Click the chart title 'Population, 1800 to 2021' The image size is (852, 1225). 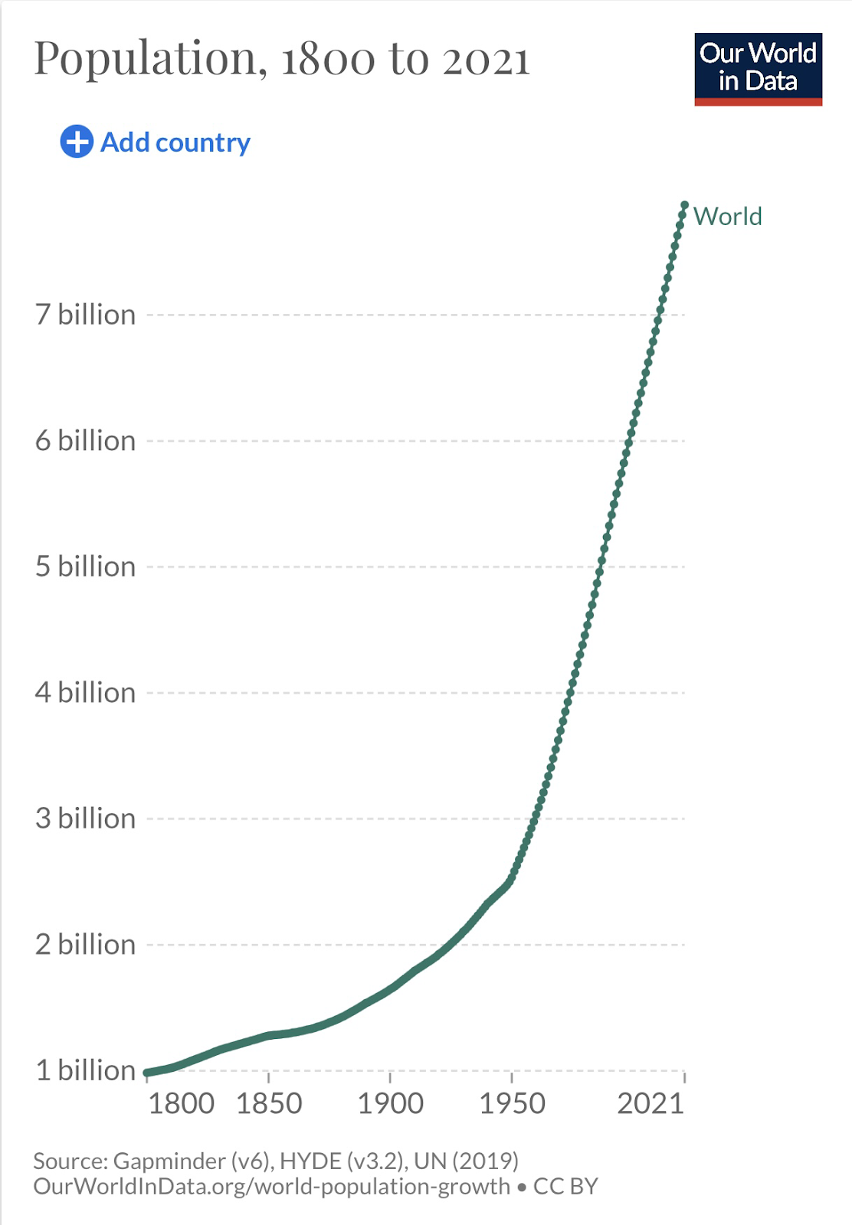point(282,59)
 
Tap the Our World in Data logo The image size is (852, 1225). point(758,69)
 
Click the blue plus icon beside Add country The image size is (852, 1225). point(77,142)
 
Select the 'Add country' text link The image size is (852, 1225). point(175,142)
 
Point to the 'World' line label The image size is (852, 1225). point(727,217)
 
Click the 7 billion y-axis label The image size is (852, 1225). point(85,315)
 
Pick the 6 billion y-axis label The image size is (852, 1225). point(85,441)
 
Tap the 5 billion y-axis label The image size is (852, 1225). point(85,567)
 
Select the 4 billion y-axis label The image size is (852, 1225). point(85,693)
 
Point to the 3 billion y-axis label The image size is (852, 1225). point(85,818)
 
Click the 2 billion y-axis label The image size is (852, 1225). point(85,945)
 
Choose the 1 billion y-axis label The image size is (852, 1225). point(85,1070)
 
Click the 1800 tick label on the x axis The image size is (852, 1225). point(181,1104)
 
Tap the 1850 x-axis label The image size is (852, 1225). point(269,1104)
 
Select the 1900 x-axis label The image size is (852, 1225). point(391,1104)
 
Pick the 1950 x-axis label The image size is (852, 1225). point(512,1104)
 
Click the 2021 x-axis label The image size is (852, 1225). point(650,1104)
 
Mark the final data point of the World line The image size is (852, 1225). point(684,205)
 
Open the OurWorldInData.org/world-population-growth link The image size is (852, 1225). point(271,1187)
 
